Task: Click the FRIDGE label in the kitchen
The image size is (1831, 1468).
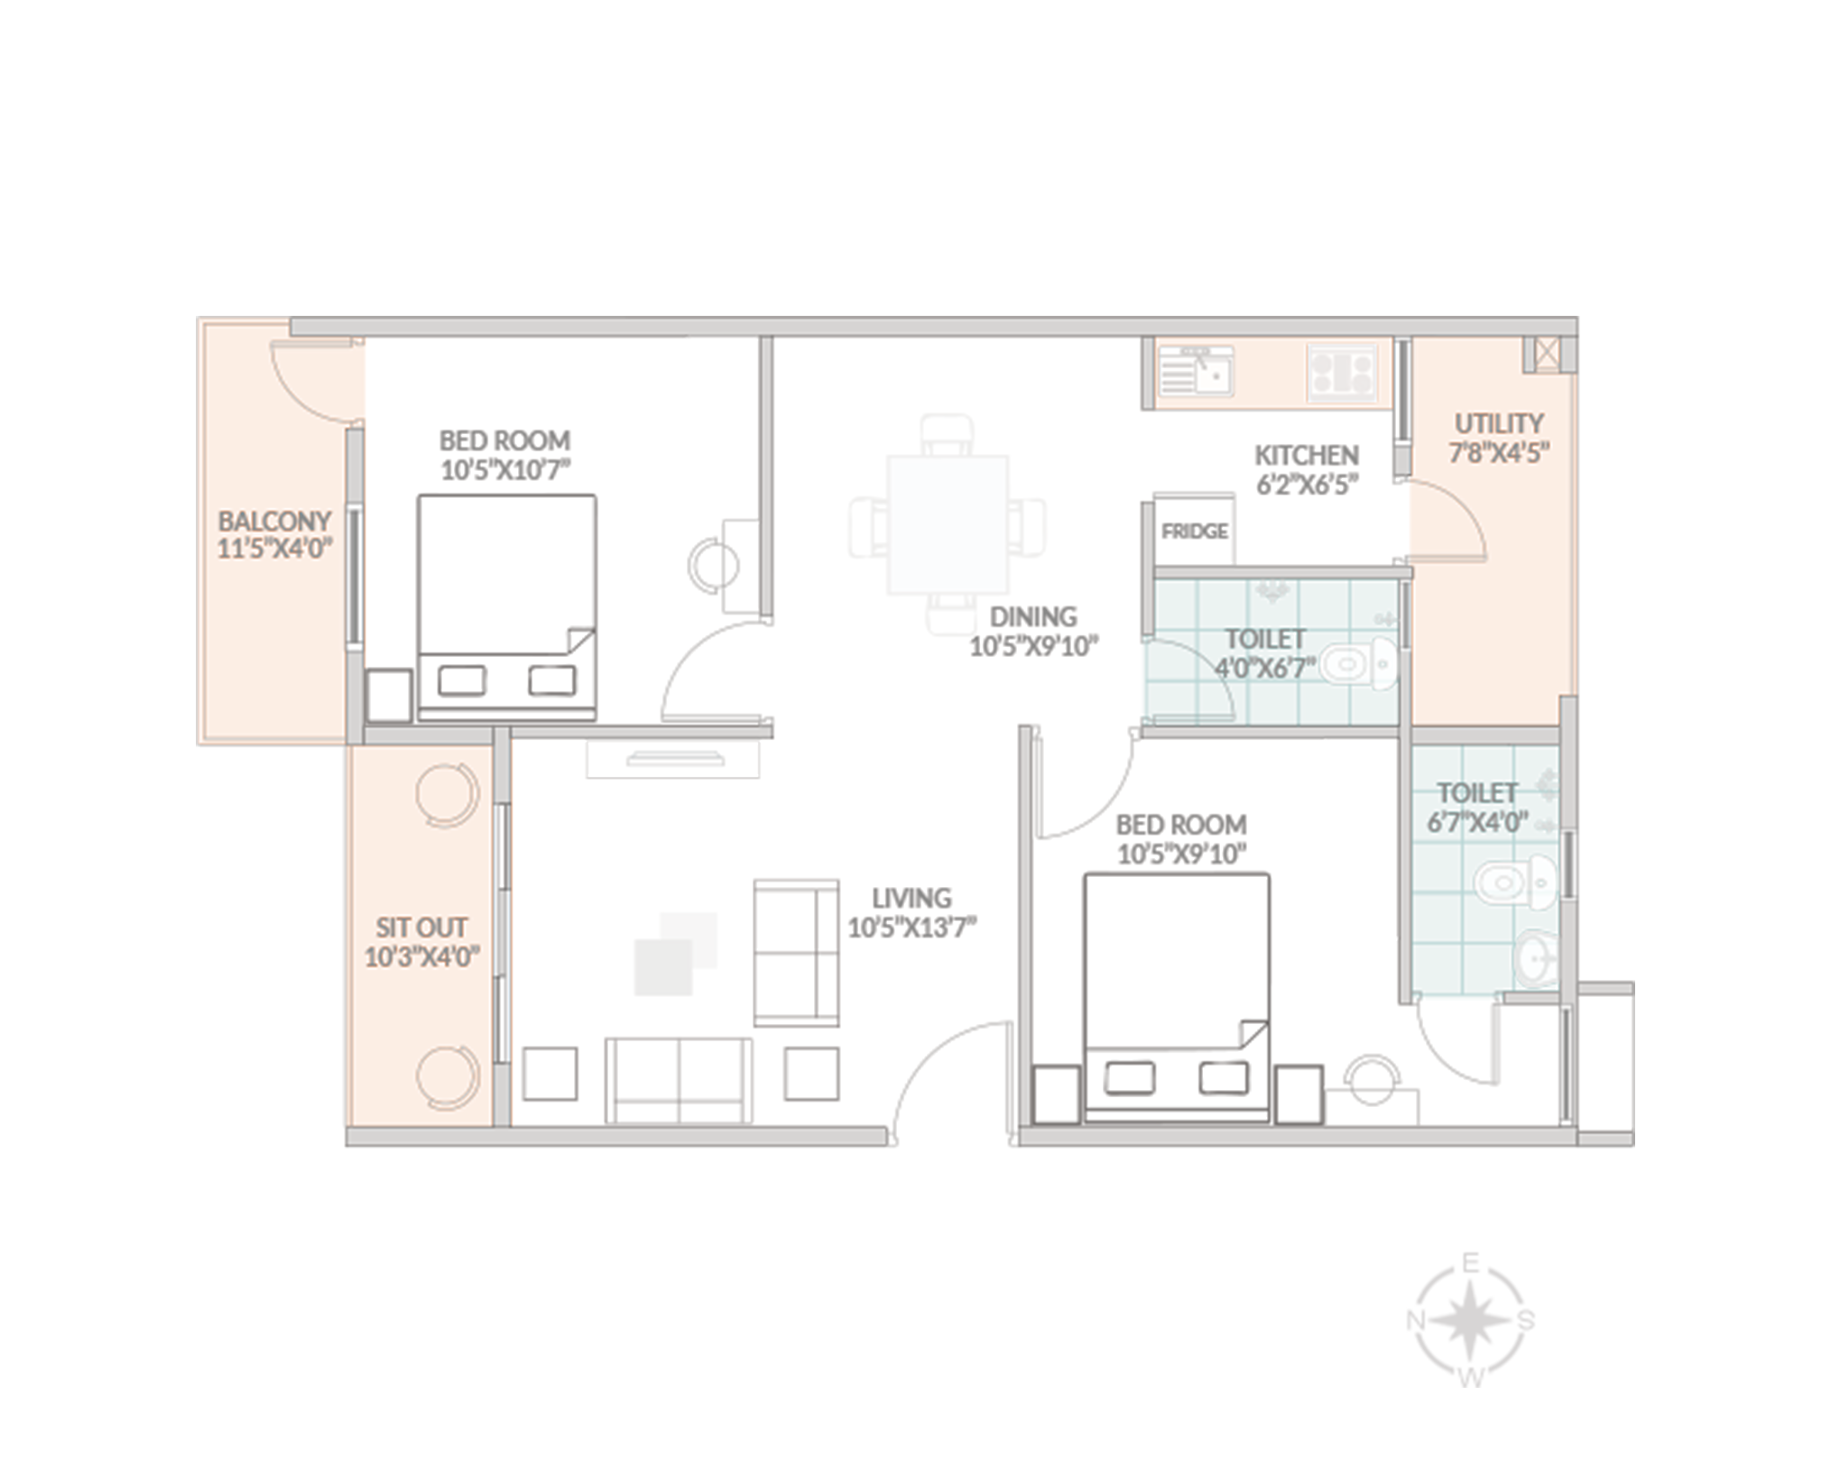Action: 1194,531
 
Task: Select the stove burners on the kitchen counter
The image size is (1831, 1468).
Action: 1343,373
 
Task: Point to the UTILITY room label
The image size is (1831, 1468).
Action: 1499,423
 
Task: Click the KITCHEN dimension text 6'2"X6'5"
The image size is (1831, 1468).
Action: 1308,485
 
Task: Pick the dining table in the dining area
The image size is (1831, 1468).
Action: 948,525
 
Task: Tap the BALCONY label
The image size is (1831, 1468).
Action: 274,522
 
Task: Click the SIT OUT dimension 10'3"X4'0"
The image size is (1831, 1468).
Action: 421,956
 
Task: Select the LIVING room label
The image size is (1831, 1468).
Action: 911,899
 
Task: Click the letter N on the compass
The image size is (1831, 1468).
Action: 1415,1321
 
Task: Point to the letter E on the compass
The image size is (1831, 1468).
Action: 1470,1263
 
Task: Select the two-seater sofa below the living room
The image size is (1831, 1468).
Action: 679,1080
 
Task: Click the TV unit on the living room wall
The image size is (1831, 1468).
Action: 673,758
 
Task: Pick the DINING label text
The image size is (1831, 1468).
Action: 1033,617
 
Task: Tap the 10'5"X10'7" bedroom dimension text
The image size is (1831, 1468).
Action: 506,470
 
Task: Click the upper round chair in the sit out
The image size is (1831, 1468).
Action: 446,795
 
